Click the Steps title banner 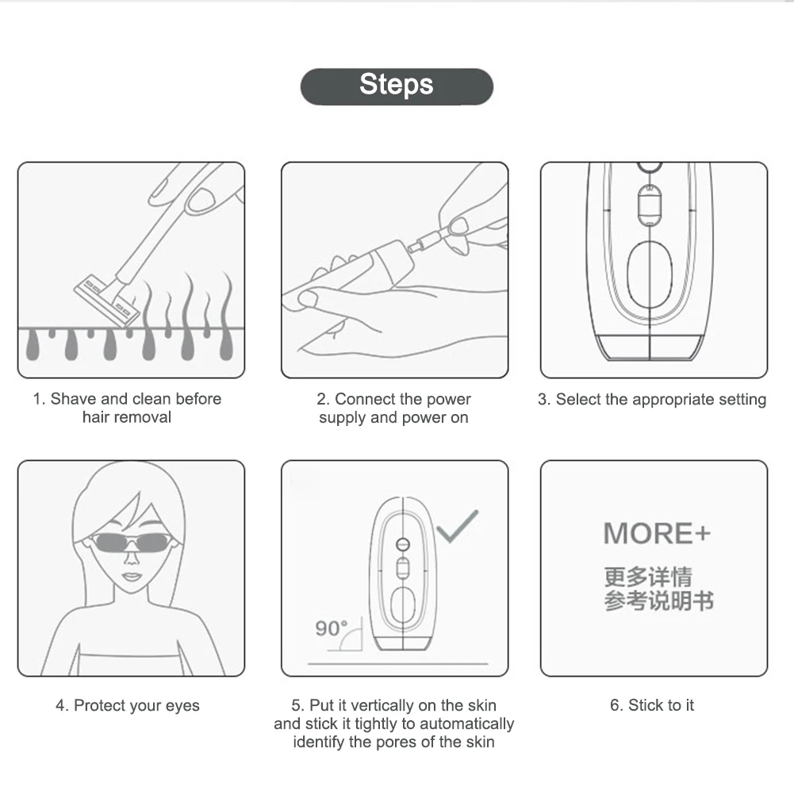coord(397,86)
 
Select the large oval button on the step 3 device coord(650,274)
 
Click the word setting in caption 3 coord(742,400)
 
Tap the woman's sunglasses coord(132,543)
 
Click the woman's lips coord(131,577)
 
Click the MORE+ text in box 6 coord(657,533)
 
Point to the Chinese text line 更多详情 coord(648,577)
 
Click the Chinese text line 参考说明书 coord(659,601)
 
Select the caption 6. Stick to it coord(652,705)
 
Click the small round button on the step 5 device coord(403,544)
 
